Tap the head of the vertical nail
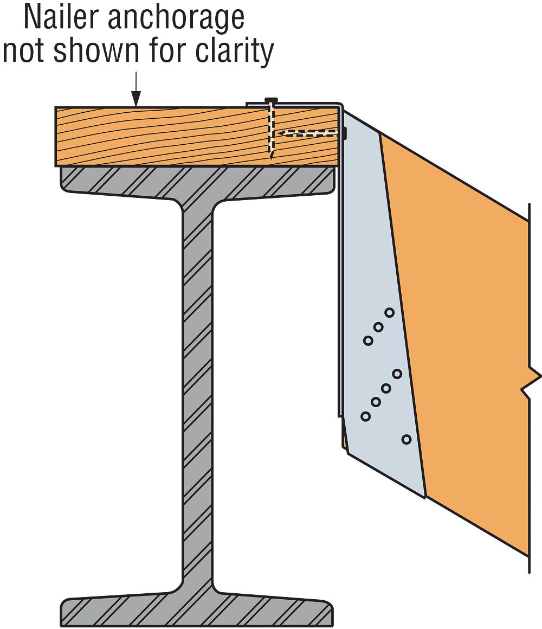[271, 100]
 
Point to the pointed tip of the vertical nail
[272, 158]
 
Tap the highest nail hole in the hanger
[389, 312]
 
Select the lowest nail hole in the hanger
[406, 439]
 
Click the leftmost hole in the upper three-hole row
[368, 341]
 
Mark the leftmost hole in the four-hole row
[365, 416]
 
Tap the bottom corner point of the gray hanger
[425, 497]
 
